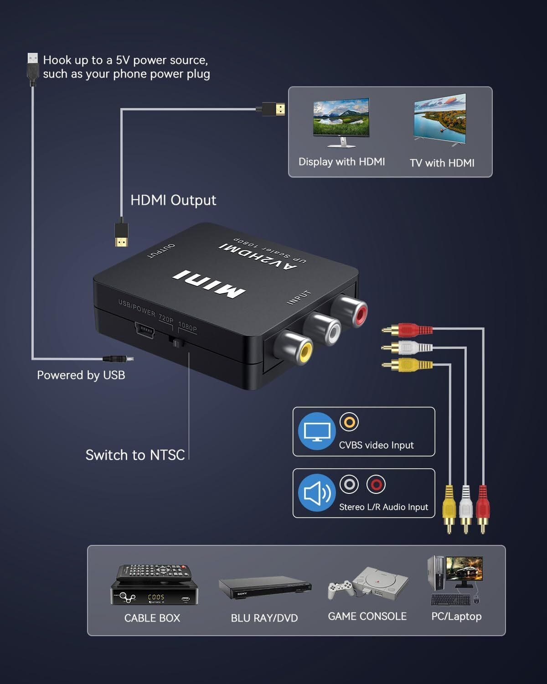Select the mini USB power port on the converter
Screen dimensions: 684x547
coord(144,329)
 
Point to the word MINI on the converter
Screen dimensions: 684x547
coord(209,284)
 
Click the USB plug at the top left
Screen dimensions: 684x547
coord(32,68)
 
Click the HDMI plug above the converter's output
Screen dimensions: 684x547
coord(121,234)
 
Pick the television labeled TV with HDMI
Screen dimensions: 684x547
coord(440,120)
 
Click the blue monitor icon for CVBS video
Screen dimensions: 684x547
coord(317,431)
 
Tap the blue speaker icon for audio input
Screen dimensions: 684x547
coord(317,493)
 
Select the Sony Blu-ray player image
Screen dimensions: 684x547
coord(265,588)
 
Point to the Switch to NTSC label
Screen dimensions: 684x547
coord(135,455)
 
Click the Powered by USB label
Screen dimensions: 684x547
coord(81,375)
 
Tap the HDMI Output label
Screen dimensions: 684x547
coord(173,200)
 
